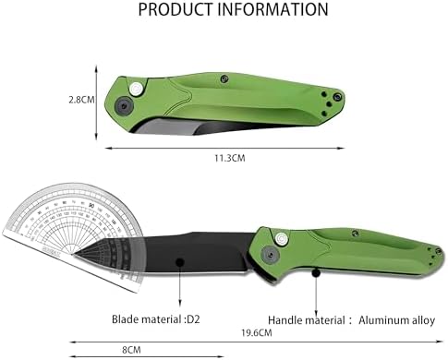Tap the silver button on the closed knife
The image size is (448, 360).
pyautogui.click(x=138, y=88)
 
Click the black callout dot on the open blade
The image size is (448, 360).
pyautogui.click(x=177, y=263)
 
